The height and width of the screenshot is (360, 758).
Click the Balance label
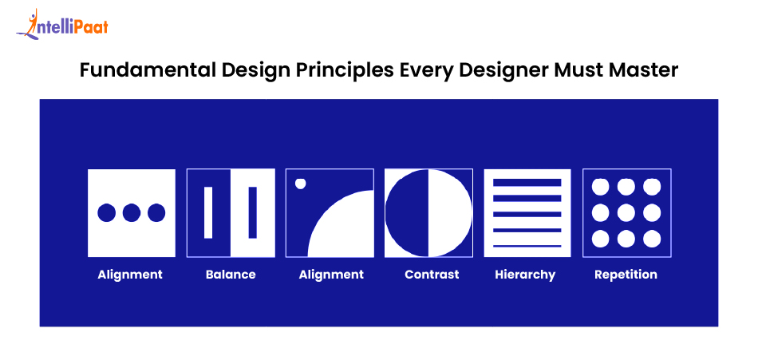point(231,275)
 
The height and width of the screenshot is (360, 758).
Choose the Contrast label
point(432,275)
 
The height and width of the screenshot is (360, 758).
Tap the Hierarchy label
point(525,275)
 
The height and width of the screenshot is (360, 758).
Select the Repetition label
point(626,275)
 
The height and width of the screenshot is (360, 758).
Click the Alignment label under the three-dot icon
point(130,275)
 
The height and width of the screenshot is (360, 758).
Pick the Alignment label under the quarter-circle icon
point(331,275)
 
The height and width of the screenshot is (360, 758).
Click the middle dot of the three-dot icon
point(132,213)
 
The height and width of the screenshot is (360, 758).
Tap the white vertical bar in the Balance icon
point(209,212)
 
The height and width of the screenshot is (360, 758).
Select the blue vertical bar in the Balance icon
point(253,212)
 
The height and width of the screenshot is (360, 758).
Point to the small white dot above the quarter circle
point(301,184)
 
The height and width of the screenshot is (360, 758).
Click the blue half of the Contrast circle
point(407,213)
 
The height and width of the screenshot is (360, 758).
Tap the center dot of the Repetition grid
point(626,213)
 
